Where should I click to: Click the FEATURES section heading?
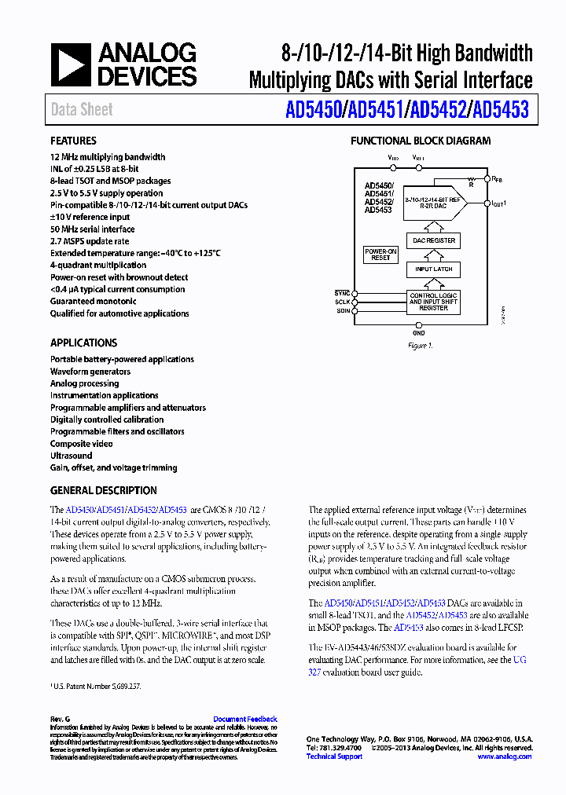click(73, 141)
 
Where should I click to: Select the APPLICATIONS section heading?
click(83, 343)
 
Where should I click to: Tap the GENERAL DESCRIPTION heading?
click(103, 490)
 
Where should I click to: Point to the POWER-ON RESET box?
click(380, 255)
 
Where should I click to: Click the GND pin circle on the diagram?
click(419, 324)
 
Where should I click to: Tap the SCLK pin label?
click(342, 302)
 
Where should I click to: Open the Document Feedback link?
click(245, 719)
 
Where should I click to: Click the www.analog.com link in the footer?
click(504, 757)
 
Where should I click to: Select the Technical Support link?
click(334, 757)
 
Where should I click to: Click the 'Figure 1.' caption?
click(419, 346)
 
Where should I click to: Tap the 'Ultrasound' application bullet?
click(72, 456)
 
